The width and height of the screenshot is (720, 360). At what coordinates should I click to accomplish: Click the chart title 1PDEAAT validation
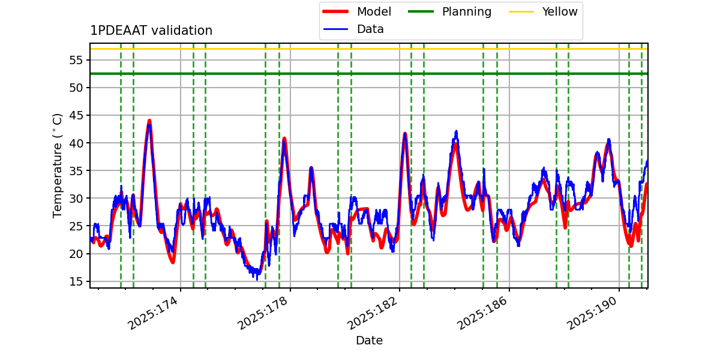click(151, 31)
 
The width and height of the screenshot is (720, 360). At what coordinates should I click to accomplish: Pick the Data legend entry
click(370, 29)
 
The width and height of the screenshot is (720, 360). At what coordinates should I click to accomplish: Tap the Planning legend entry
click(466, 11)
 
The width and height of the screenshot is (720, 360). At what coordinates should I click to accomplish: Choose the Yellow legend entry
click(559, 11)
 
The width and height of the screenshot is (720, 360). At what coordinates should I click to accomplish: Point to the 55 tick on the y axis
click(77, 60)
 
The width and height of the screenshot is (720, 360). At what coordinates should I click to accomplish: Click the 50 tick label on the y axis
click(77, 88)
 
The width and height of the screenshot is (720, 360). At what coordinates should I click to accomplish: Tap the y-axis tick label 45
click(77, 115)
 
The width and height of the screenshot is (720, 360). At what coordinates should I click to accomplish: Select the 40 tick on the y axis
click(77, 143)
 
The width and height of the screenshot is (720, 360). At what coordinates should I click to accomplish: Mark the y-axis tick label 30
click(77, 198)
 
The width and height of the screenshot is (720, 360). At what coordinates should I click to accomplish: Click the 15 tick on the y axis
click(77, 281)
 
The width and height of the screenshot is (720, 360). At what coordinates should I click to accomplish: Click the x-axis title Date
click(369, 341)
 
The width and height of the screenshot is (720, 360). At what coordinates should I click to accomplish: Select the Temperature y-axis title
click(58, 165)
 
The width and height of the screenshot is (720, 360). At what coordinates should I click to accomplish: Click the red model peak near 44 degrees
click(149, 121)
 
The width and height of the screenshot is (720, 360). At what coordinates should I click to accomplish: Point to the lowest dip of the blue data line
click(257, 279)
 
